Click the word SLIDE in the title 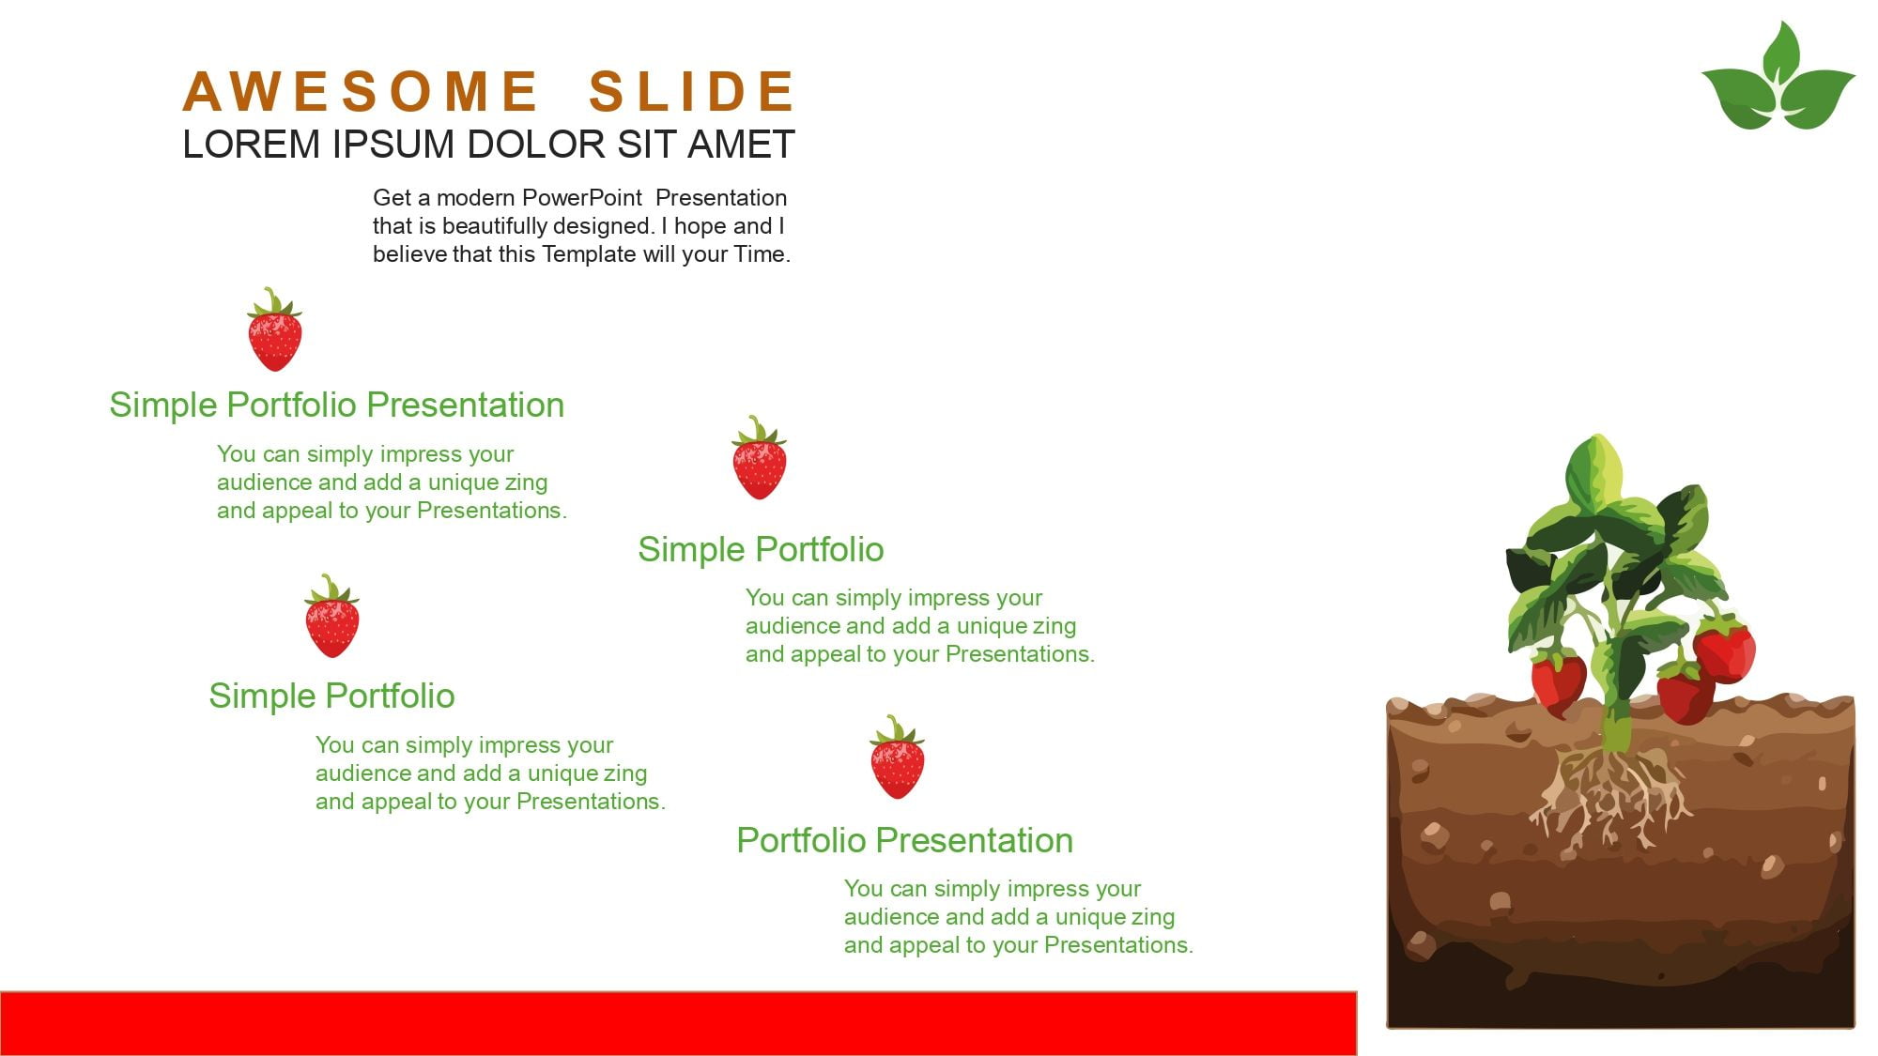692,91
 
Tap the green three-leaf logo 1778,77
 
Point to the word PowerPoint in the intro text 582,198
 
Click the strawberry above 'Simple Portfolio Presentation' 274,329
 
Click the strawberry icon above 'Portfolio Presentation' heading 897,758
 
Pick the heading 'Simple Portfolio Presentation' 337,406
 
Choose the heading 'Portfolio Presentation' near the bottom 904,840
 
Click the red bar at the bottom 678,1023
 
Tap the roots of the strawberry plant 1609,798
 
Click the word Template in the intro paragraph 588,254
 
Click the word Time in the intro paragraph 762,254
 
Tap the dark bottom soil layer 1621,986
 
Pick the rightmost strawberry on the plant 1726,649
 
